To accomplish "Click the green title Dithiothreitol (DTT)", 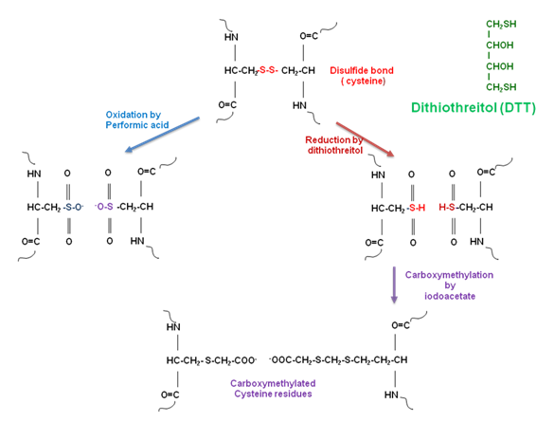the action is [474, 107].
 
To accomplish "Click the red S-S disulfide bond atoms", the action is [269, 70].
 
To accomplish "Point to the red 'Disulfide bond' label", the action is [362, 70].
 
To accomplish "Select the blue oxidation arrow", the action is [162, 135].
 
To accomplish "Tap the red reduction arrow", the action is [365, 139].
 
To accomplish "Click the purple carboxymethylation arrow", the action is [394, 284].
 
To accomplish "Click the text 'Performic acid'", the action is [137, 125].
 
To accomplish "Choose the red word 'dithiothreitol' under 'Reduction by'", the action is [335, 151].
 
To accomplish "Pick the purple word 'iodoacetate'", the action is [450, 296].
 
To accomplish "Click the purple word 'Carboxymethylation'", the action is [449, 275].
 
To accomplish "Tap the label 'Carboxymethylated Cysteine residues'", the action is [273, 389].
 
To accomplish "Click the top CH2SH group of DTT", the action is [501, 25].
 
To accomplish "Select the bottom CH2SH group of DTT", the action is [501, 87].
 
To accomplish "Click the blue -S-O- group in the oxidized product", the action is [74, 207].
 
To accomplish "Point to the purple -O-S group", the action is [104, 207].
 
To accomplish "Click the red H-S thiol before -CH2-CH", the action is [447, 208].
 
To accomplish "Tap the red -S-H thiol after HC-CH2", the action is [416, 208].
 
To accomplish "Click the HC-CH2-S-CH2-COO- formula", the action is [211, 360].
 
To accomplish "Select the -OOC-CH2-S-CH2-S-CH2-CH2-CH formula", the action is [338, 360].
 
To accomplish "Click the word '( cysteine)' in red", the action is [363, 81].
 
